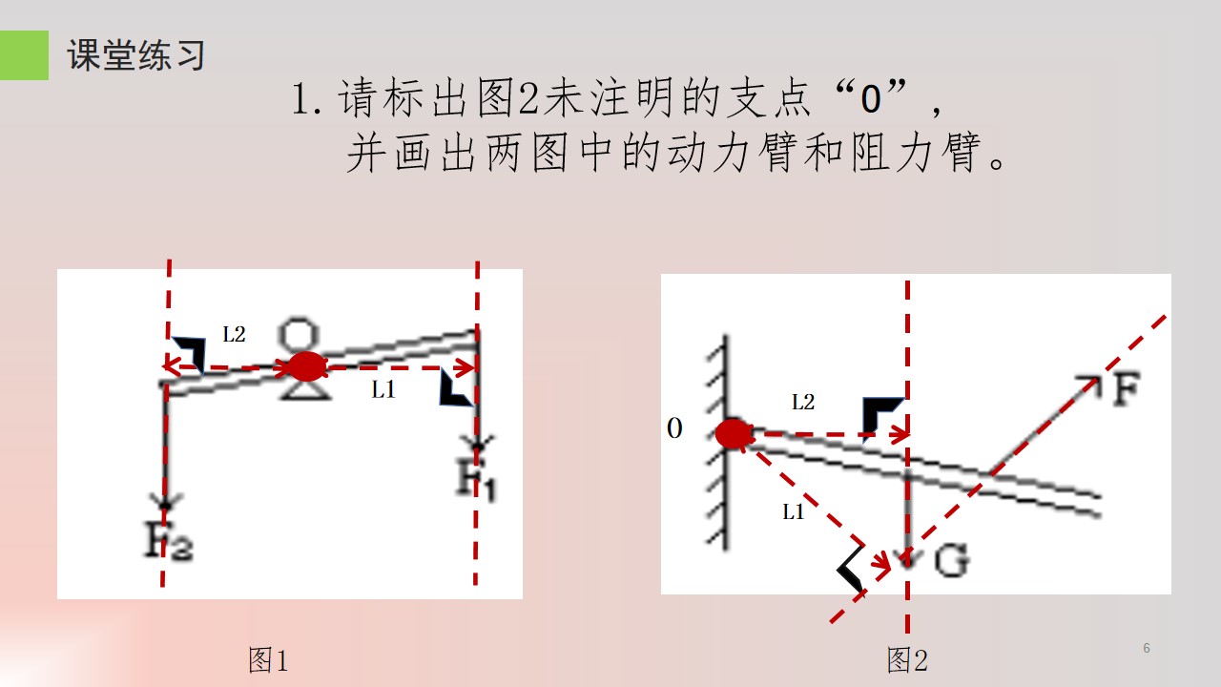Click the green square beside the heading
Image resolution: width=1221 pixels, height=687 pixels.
24,55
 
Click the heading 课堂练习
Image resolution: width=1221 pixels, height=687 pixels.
135,55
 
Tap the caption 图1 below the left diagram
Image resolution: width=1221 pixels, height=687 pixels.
268,659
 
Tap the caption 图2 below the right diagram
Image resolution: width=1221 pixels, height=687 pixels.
907,659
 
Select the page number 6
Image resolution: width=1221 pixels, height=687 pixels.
1147,648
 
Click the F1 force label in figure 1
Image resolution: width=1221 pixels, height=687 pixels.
476,479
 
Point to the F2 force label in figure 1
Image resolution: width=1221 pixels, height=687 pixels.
168,540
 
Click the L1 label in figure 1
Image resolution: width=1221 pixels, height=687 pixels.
383,389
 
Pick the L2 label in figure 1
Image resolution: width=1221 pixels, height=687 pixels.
234,334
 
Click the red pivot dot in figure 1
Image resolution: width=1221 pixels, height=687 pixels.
307,366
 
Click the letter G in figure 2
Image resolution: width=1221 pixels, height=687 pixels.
952,560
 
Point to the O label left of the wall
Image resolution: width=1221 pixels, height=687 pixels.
674,428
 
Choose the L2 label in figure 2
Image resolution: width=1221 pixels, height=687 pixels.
803,403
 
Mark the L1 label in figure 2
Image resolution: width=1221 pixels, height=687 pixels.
794,512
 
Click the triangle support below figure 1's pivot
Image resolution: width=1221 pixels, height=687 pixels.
305,390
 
